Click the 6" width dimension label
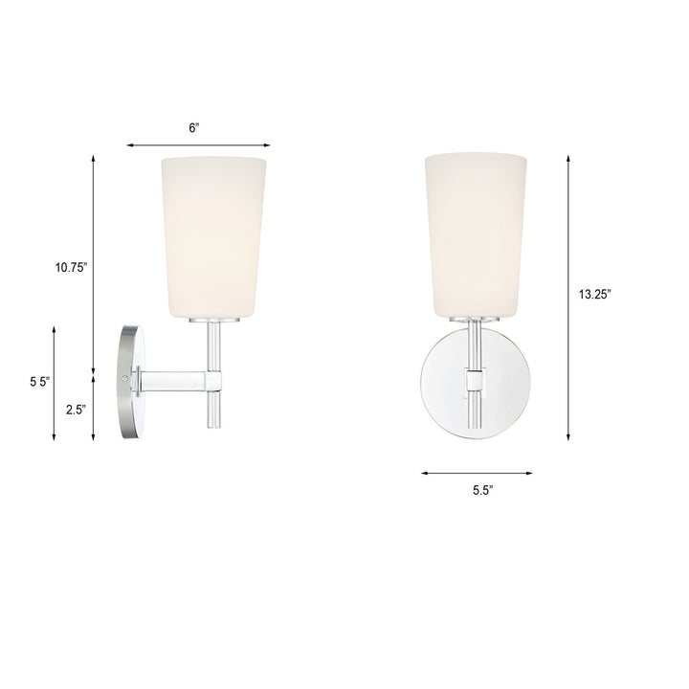click(x=194, y=128)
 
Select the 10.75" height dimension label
click(x=71, y=269)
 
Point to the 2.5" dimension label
click(x=76, y=410)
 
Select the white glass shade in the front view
click(x=476, y=233)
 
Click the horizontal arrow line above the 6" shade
click(x=197, y=145)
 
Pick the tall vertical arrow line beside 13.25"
click(x=568, y=297)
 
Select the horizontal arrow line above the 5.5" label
click(x=476, y=473)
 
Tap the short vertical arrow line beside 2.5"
click(x=94, y=410)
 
